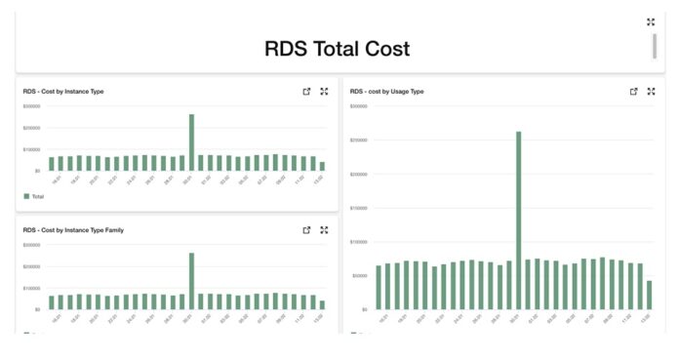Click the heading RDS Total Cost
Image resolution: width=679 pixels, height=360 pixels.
click(x=338, y=48)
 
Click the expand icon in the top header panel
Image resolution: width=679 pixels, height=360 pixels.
click(x=651, y=21)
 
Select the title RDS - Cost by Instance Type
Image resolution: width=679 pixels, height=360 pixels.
click(x=63, y=92)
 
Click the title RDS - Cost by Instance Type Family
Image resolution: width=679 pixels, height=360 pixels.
click(x=73, y=230)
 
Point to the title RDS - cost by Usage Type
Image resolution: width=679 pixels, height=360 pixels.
click(x=386, y=92)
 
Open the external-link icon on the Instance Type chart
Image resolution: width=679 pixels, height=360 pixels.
click(x=306, y=92)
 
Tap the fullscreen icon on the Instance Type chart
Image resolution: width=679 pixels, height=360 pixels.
click(x=324, y=92)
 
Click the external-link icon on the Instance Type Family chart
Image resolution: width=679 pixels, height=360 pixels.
click(x=306, y=230)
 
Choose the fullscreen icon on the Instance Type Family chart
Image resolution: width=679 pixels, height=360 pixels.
click(x=324, y=230)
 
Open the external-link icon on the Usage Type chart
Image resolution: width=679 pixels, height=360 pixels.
click(x=633, y=92)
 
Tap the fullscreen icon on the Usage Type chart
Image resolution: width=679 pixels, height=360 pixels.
click(x=651, y=92)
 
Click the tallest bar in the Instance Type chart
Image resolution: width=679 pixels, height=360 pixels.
click(x=191, y=142)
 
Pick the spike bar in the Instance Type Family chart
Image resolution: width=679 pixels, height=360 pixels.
click(x=191, y=281)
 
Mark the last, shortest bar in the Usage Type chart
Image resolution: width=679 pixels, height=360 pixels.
click(x=649, y=295)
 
